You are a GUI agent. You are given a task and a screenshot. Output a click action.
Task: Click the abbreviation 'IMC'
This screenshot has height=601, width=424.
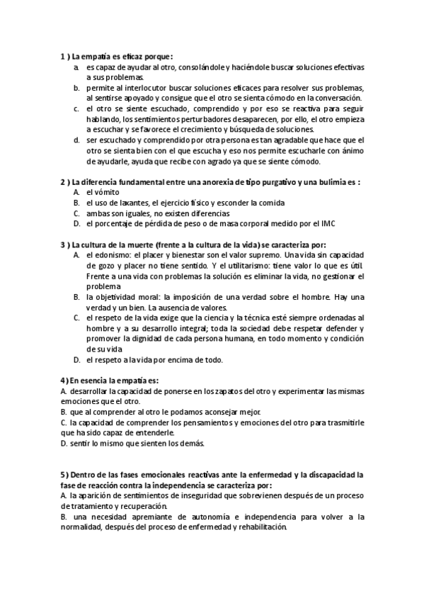327,224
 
